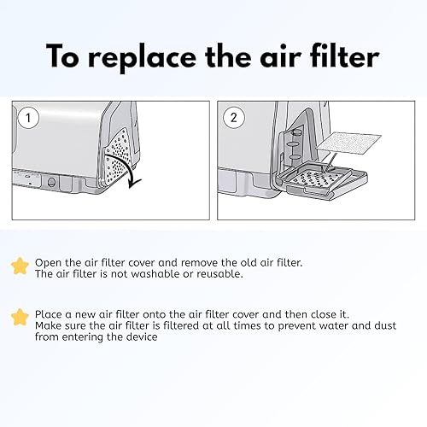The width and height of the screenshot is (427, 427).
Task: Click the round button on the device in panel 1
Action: (52, 181)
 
